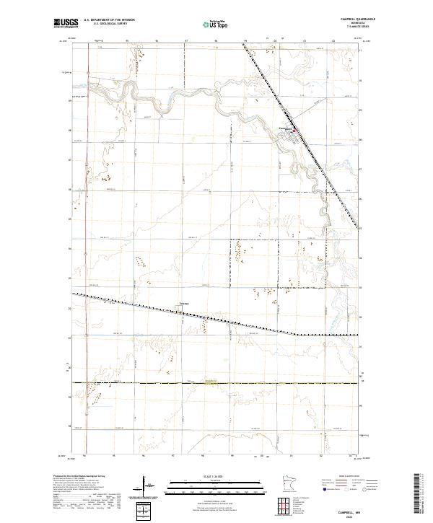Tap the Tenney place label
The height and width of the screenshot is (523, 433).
coord(183,304)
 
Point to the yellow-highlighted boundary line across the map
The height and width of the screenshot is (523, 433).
coord(216,383)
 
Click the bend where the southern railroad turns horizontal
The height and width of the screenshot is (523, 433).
coord(297,334)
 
